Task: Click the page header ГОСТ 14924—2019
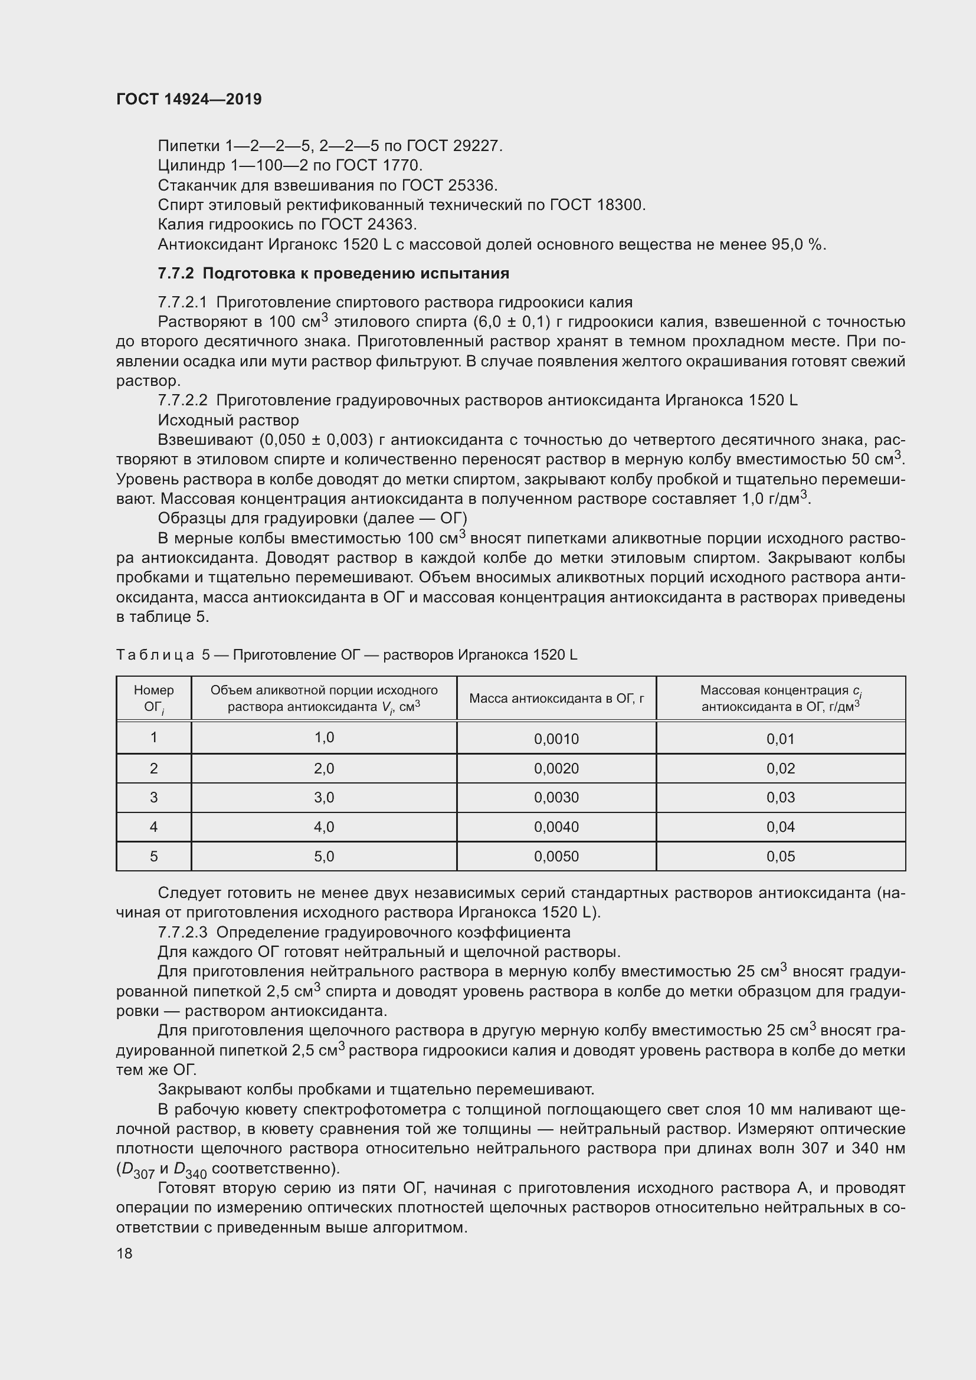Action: pyautogui.click(x=189, y=99)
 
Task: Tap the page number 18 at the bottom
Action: pyautogui.click(x=125, y=1253)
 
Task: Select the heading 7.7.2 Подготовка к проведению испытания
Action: pyautogui.click(x=333, y=274)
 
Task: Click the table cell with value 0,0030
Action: pyautogui.click(x=556, y=798)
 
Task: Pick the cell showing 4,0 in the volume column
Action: pyautogui.click(x=324, y=827)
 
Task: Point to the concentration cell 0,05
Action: pyautogui.click(x=780, y=857)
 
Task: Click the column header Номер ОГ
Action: pyautogui.click(x=154, y=699)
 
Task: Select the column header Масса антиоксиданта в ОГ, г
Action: pyautogui.click(x=556, y=699)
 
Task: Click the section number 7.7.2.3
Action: pyautogui.click(x=182, y=932)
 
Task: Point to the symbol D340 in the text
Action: pyautogui.click(x=190, y=1169)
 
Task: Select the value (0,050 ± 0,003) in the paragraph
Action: pyautogui.click(x=313, y=440)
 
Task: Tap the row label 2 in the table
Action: pyautogui.click(x=154, y=768)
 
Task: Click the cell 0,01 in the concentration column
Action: pyautogui.click(x=780, y=739)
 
